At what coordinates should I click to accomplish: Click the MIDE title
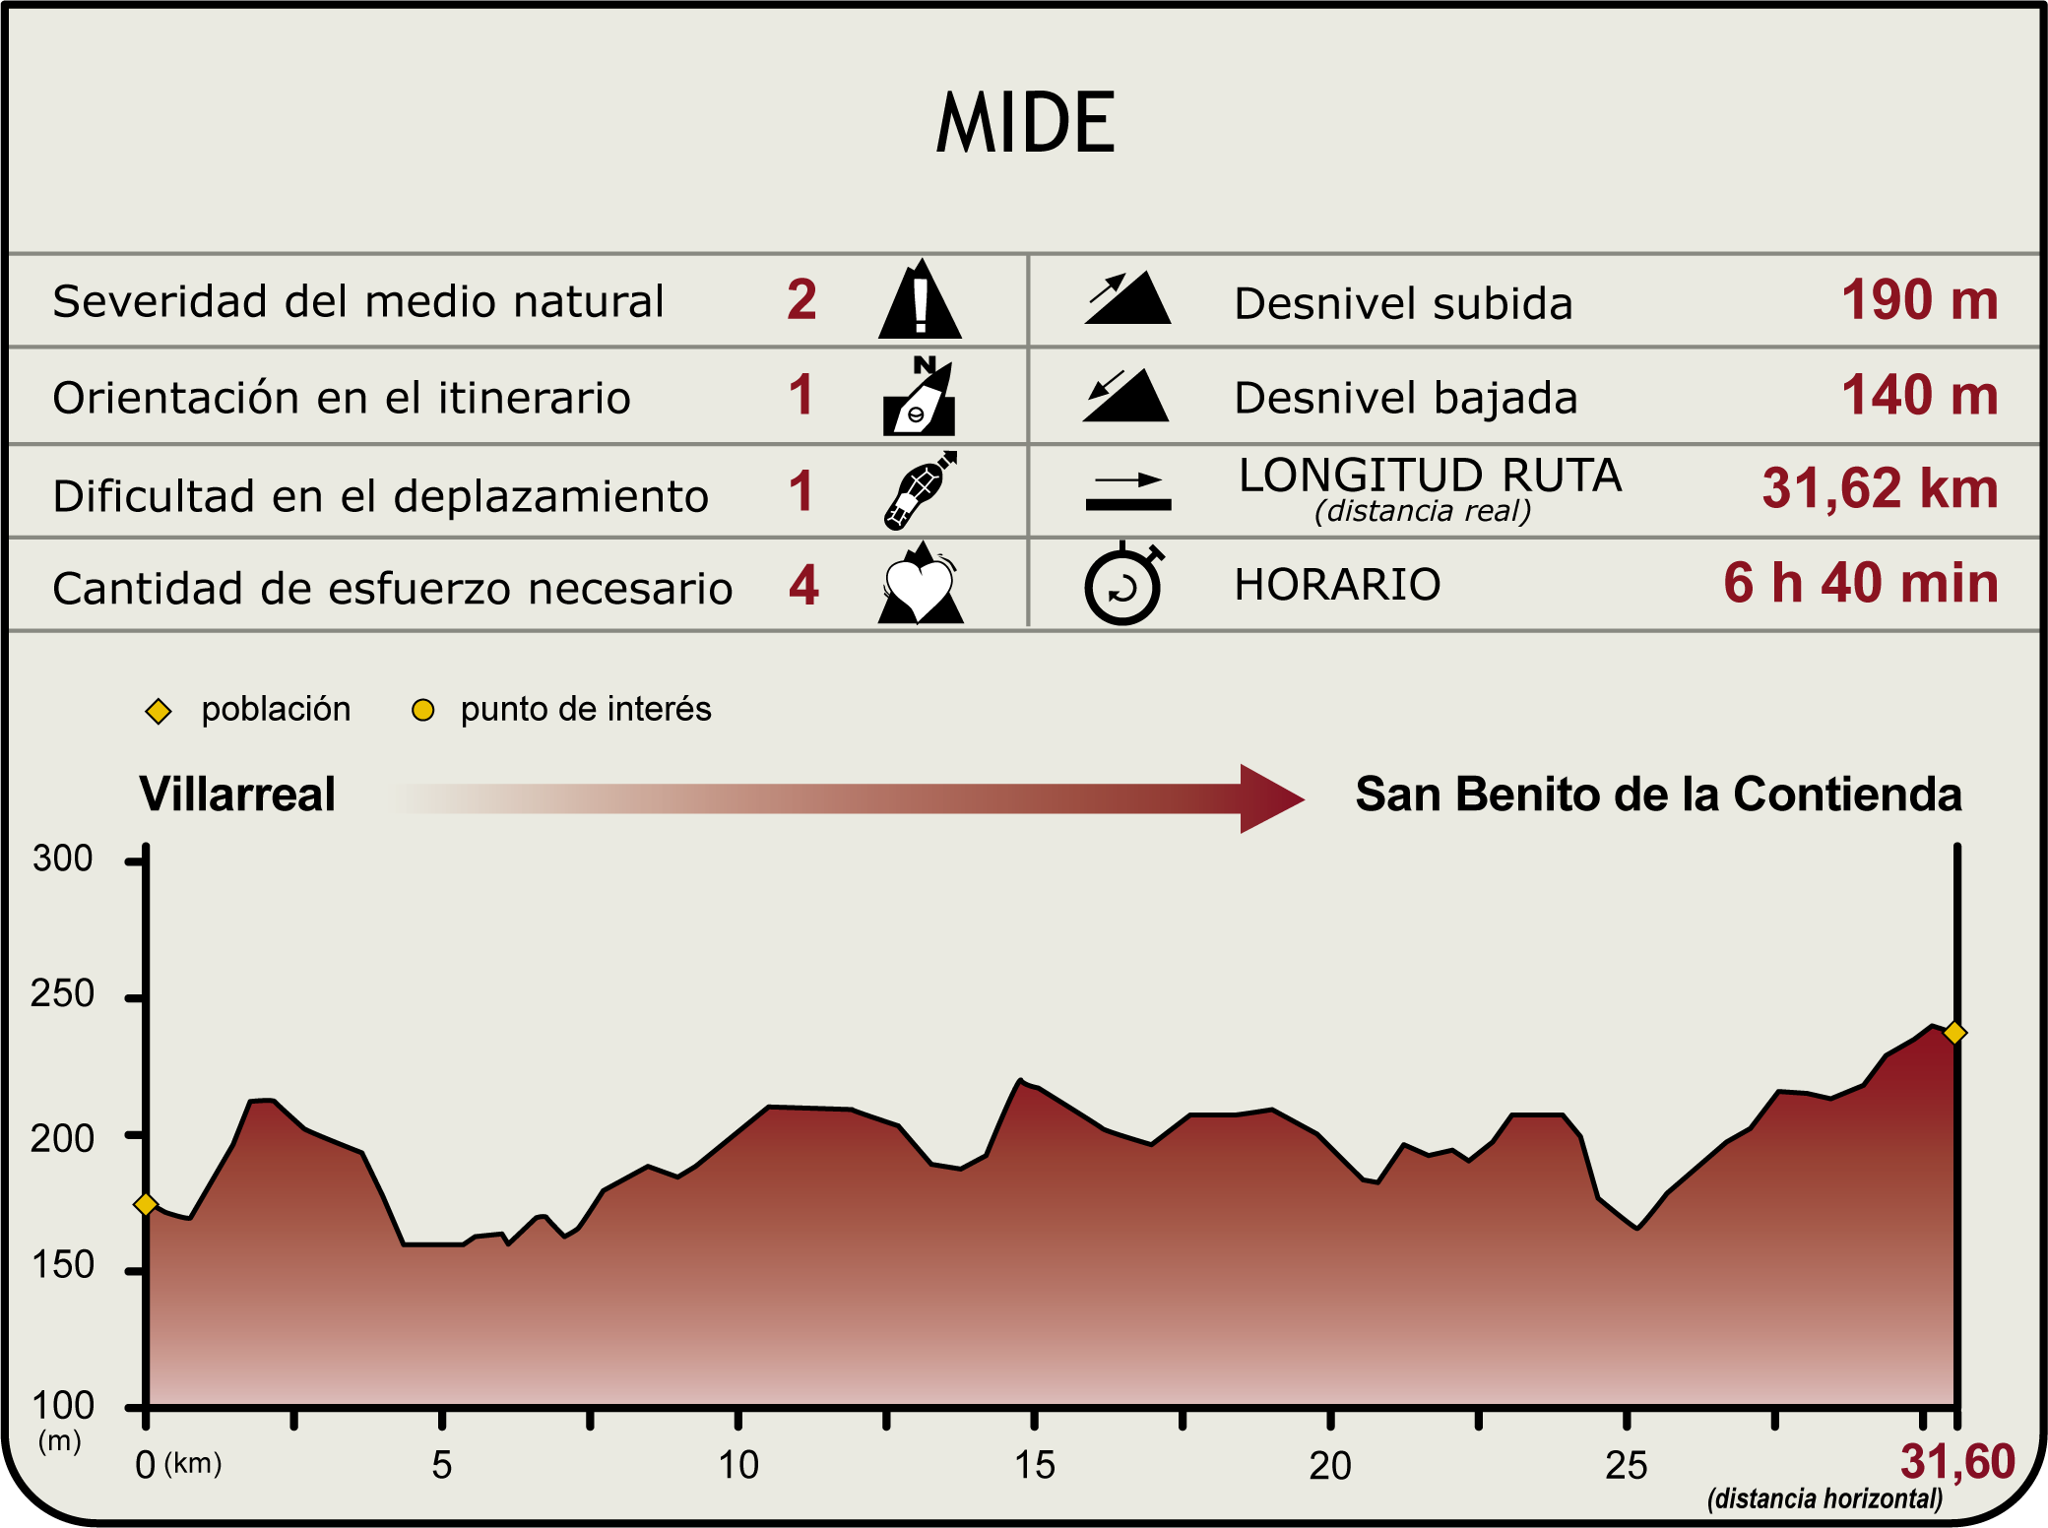[1025, 123]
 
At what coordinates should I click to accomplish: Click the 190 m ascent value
[1919, 300]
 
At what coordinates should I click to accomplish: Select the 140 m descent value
[1919, 396]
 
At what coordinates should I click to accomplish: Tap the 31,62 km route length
[1880, 489]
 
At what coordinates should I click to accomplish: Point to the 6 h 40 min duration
[1860, 583]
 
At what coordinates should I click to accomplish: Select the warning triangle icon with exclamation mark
[920, 300]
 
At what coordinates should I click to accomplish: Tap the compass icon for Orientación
[920, 396]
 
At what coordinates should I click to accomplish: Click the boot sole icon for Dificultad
[920, 490]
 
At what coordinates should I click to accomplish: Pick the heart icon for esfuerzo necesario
[920, 585]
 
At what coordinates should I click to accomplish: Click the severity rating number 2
[801, 300]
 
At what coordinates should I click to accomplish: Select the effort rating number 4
[803, 586]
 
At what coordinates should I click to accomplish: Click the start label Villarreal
[237, 795]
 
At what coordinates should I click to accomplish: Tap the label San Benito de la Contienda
[1658, 795]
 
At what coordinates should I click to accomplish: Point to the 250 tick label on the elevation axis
[62, 994]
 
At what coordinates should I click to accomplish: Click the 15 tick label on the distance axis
[1034, 1466]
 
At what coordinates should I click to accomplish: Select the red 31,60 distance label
[1957, 1462]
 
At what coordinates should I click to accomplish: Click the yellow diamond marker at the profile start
[146, 1204]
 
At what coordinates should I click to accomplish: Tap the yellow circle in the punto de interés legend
[422, 710]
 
